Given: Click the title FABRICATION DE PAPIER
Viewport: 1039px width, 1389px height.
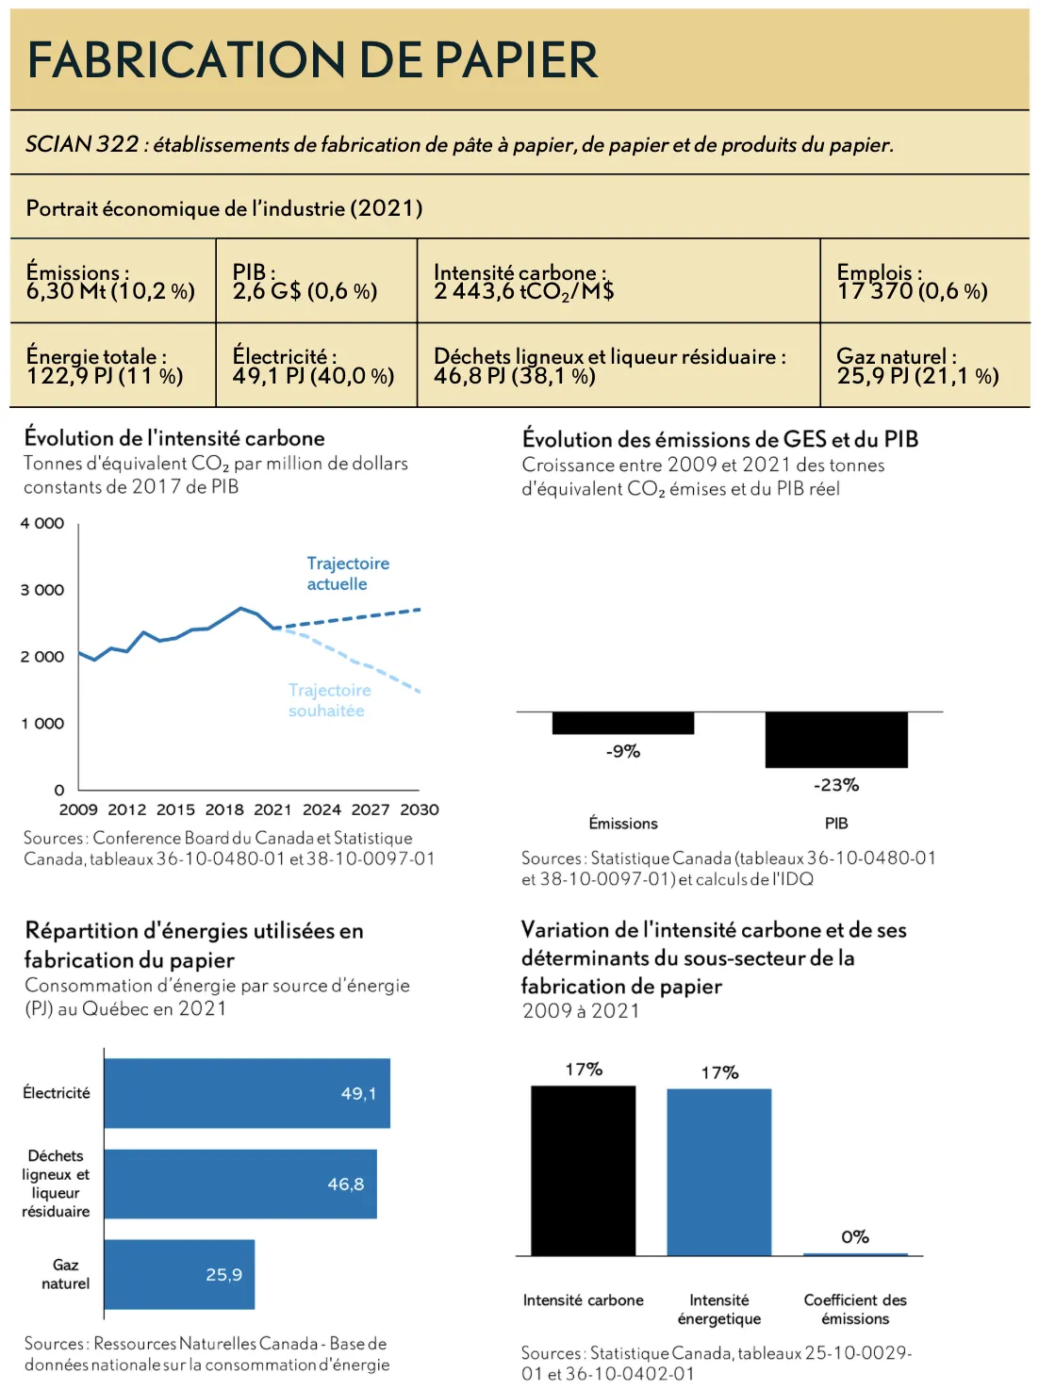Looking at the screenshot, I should coord(312,59).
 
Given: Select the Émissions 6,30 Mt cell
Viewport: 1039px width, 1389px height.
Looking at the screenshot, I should coord(111,282).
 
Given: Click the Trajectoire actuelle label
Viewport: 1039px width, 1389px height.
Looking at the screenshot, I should coord(347,574).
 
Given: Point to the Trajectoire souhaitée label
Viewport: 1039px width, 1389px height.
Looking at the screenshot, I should coord(329,700).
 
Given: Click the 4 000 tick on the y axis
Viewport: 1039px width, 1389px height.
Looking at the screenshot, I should coord(42,524).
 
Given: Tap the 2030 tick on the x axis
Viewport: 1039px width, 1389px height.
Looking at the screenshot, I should coord(420,809).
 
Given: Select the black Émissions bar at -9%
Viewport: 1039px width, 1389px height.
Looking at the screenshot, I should coord(622,723).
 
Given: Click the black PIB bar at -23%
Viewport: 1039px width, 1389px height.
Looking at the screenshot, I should coord(836,740).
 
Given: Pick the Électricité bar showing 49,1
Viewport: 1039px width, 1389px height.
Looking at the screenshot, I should coord(247,1093).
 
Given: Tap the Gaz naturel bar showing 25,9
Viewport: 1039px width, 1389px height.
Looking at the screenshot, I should coord(179,1274).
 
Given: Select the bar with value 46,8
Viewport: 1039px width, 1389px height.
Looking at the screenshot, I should coord(240,1184).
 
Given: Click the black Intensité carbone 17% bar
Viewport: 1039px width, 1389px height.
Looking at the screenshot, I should coord(583,1170).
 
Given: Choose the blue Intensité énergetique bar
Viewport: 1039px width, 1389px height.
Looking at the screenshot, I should coord(718,1172).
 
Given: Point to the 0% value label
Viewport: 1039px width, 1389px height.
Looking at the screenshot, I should coord(855,1237).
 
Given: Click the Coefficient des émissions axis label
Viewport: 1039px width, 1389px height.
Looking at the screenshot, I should coord(855,1309).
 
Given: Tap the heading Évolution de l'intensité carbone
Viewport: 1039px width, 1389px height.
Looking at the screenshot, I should coord(174,438).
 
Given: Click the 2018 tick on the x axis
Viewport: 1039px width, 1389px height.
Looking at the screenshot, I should coord(224,809).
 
